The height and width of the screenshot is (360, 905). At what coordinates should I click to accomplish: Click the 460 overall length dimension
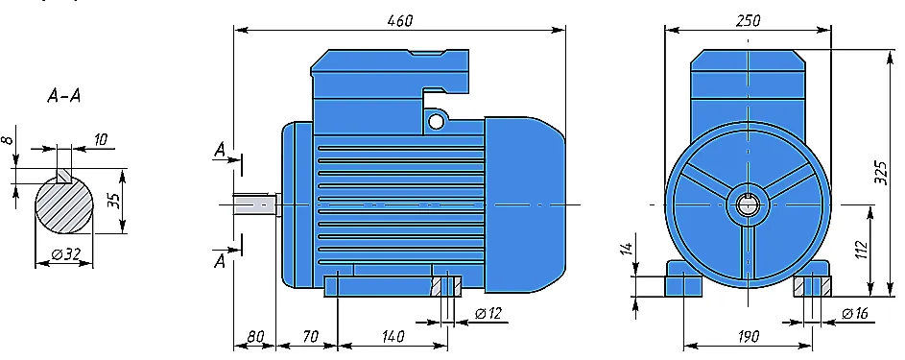pos(400,20)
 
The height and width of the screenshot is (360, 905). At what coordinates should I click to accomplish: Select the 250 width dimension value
pos(748,20)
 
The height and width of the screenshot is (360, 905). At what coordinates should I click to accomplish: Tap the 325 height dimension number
pos(880,173)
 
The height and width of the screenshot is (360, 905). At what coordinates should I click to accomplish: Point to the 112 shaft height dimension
pos(861,252)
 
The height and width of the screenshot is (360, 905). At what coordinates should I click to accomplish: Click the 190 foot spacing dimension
pos(748,336)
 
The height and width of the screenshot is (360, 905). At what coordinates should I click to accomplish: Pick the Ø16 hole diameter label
pos(855,314)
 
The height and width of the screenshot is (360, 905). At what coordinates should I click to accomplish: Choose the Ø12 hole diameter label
pos(488,313)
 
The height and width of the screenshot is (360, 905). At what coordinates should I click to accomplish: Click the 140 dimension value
pos(393,336)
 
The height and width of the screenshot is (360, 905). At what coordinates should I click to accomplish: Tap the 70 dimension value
pos(311,336)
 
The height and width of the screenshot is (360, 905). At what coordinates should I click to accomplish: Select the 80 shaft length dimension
pos(255,336)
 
